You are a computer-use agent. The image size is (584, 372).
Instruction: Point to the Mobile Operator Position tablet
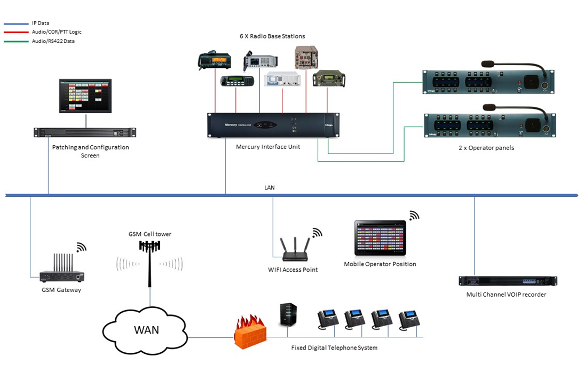click(380, 239)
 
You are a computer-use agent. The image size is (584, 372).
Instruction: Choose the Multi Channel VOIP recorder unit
click(508, 281)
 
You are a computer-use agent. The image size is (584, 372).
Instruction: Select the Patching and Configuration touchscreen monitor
click(85, 96)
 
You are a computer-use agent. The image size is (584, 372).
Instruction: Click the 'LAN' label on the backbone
click(270, 188)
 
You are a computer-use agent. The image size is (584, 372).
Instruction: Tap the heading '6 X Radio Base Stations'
click(272, 36)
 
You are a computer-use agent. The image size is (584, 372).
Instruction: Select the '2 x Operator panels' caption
click(486, 148)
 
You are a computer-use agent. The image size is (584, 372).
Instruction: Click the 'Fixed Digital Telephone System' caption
click(334, 348)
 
